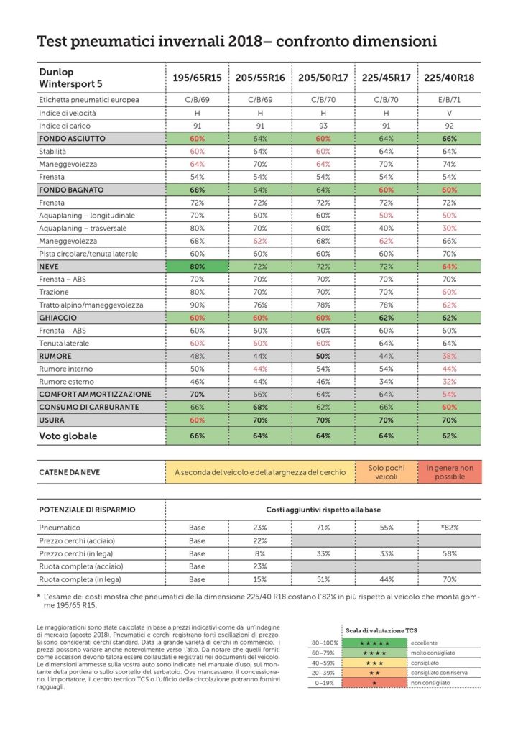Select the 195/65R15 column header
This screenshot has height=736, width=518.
pyautogui.click(x=196, y=78)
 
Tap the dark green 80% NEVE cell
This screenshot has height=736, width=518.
pyautogui.click(x=196, y=266)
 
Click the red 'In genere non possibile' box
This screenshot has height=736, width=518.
pyautogui.click(x=450, y=472)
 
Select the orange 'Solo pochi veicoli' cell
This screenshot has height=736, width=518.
pyautogui.click(x=387, y=472)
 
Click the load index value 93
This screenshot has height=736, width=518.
pyautogui.click(x=323, y=126)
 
